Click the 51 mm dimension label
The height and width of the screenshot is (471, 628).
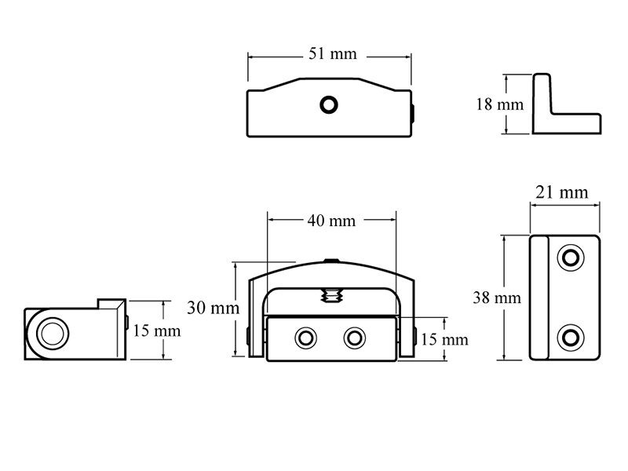pos(332,53)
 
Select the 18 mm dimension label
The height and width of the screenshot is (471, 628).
pos(499,104)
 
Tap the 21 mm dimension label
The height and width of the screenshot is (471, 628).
pos(562,192)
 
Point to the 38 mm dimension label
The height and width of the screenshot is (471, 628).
pos(497,298)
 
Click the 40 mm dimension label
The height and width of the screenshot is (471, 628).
pos(331,221)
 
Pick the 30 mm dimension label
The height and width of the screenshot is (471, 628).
pos(213,308)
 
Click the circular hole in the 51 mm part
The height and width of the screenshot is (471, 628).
pos(329,105)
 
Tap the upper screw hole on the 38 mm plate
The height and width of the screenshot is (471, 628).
pos(571,257)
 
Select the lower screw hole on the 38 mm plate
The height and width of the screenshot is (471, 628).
pos(571,338)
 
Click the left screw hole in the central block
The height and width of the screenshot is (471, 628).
pos(305,338)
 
